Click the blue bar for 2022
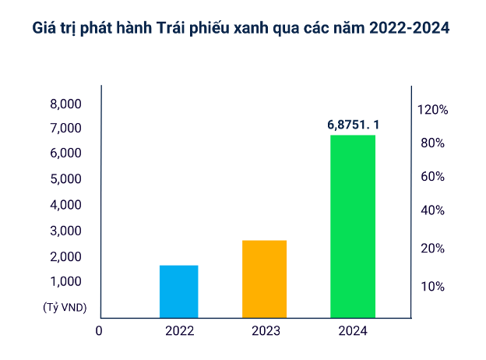tap(178, 291)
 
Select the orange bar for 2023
tap(264, 279)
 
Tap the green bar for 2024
tap(353, 226)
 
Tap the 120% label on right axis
tap(432, 110)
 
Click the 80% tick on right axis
tap(432, 143)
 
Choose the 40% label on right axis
tap(432, 210)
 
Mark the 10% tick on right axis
tap(432, 286)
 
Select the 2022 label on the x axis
tap(179, 330)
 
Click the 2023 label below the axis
tap(266, 330)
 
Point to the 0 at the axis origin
tap(99, 330)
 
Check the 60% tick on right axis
tap(432, 177)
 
